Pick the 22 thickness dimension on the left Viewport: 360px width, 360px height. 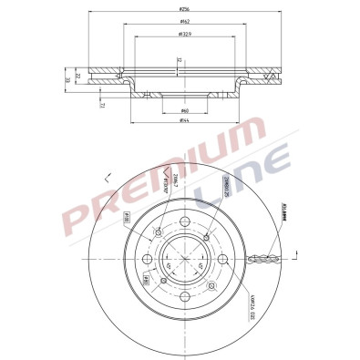coord(78,76)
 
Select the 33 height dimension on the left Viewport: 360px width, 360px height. coord(67,80)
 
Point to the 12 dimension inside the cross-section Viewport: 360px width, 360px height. coord(180,63)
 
